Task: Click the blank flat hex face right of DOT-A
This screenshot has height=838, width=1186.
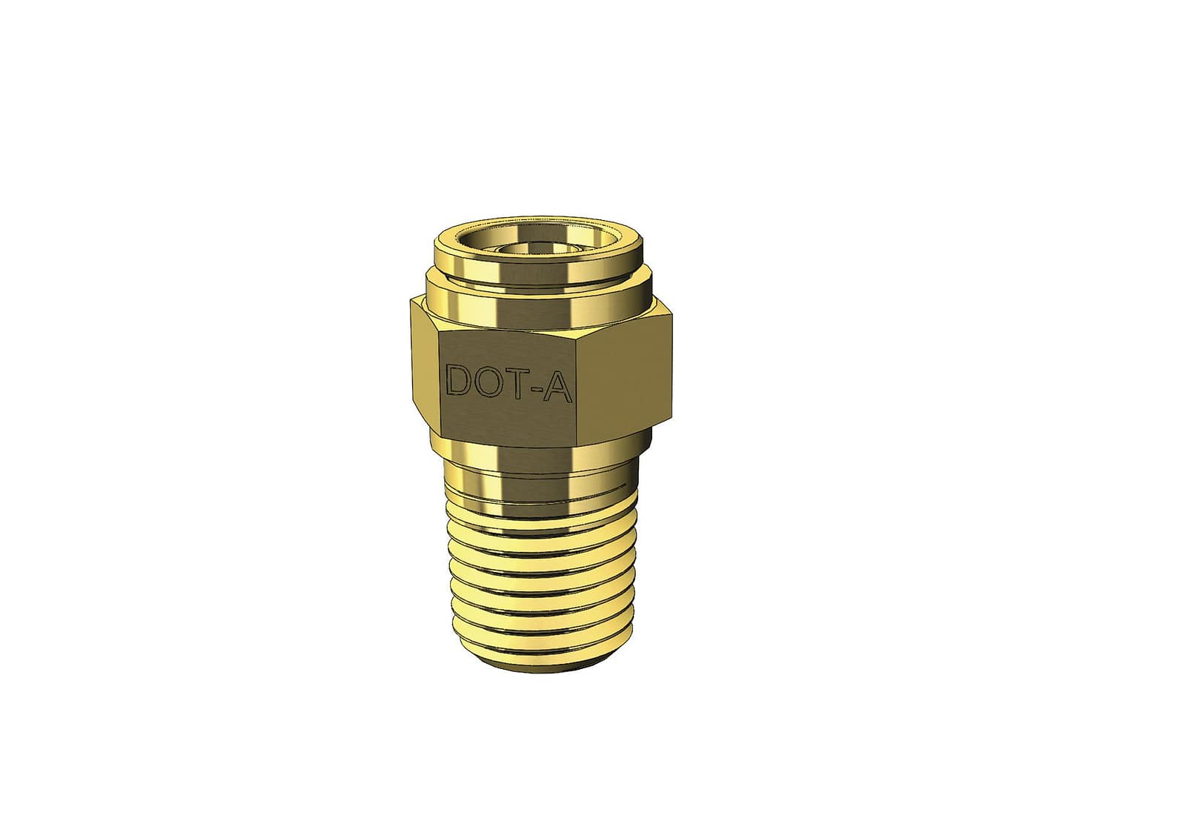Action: (x=626, y=380)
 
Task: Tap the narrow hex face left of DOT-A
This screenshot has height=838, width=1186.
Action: (x=426, y=368)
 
